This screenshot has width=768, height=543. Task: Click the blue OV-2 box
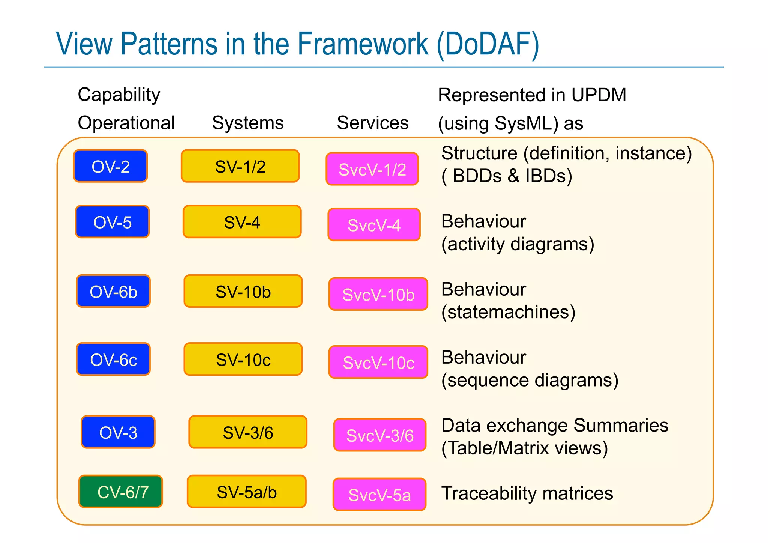pyautogui.click(x=111, y=166)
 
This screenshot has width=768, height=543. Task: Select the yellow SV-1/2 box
pyautogui.click(x=240, y=166)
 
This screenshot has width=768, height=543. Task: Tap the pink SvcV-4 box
pyautogui.click(x=374, y=225)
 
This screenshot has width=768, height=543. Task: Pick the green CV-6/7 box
pyautogui.click(x=121, y=492)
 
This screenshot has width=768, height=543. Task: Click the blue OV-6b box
pyautogui.click(x=113, y=292)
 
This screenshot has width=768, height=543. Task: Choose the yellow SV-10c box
pyautogui.click(x=243, y=359)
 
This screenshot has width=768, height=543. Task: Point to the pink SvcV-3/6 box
pyautogui.click(x=379, y=435)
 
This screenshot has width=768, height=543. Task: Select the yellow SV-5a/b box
pyautogui.click(x=246, y=492)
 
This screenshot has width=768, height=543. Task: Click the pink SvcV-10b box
pyautogui.click(x=378, y=295)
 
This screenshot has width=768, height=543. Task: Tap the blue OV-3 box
pyautogui.click(x=118, y=432)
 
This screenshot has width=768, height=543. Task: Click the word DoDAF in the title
pyautogui.click(x=487, y=44)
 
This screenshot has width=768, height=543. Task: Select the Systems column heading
pyautogui.click(x=248, y=123)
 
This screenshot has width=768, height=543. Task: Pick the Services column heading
pyautogui.click(x=372, y=123)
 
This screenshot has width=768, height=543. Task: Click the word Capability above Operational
pyautogui.click(x=119, y=95)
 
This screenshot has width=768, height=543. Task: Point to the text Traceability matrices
pyautogui.click(x=527, y=493)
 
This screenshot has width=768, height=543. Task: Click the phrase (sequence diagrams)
pyautogui.click(x=529, y=380)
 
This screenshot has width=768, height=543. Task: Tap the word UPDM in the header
pyautogui.click(x=598, y=95)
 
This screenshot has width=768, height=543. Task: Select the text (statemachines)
pyautogui.click(x=508, y=312)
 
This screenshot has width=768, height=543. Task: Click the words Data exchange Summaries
pyautogui.click(x=555, y=426)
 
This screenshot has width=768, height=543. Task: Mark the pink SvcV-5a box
pyautogui.click(x=379, y=495)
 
